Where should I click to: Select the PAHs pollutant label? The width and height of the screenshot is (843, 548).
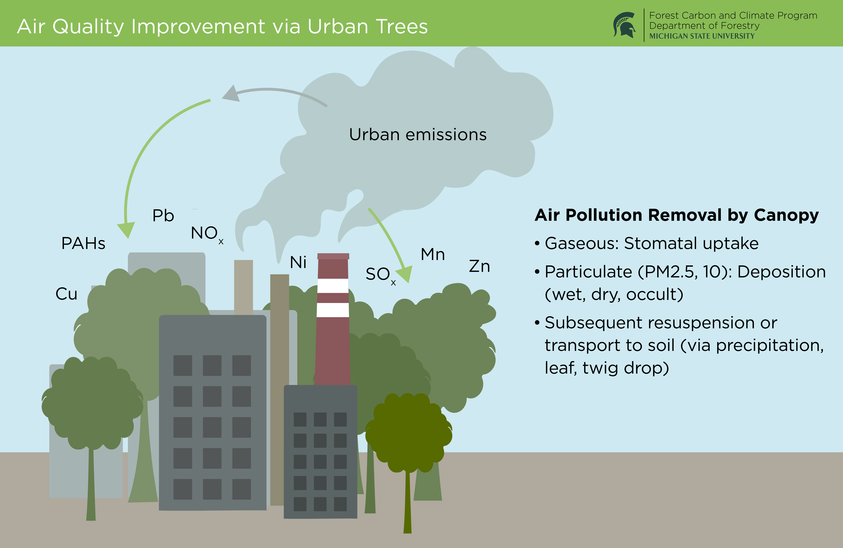tap(83, 243)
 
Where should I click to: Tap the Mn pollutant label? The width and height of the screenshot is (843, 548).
tap(432, 254)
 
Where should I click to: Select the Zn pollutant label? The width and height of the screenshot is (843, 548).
tap(479, 266)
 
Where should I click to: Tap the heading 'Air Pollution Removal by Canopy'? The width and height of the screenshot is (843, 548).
tap(676, 215)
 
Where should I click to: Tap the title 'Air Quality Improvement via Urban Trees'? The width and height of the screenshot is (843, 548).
tap(222, 26)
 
